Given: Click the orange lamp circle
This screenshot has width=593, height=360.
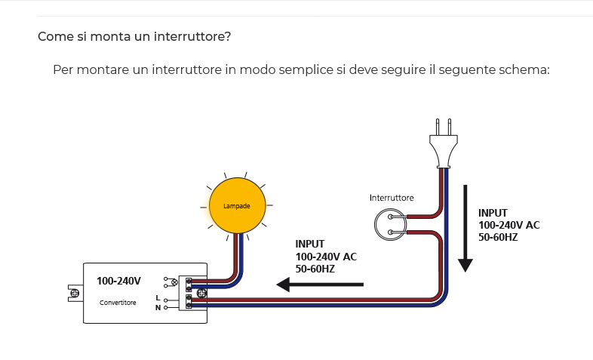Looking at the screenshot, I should (x=237, y=205).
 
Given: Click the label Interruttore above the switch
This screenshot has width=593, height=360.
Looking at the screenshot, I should (x=392, y=198).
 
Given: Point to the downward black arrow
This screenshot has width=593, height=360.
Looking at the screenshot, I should (x=465, y=227).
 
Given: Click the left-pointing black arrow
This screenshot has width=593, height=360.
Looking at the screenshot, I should (x=320, y=285).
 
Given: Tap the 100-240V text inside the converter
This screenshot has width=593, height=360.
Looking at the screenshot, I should (x=118, y=281).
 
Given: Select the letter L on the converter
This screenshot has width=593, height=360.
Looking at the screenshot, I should (x=157, y=299).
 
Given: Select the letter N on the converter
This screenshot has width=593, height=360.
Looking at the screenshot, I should (x=157, y=307).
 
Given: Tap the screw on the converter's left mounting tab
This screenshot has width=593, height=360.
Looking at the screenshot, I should (x=74, y=292).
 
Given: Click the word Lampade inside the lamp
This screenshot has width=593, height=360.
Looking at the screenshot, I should (x=237, y=205).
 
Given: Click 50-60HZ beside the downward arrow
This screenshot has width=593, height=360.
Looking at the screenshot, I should (x=498, y=237).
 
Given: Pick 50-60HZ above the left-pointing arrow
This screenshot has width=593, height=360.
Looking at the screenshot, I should (x=315, y=268).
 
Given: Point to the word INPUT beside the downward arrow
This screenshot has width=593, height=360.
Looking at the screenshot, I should (x=493, y=213).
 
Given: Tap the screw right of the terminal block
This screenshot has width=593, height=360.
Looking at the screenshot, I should (x=201, y=293).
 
